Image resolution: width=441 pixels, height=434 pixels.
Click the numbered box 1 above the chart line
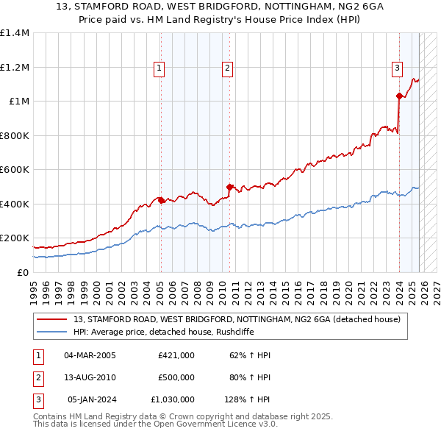tap(159, 68)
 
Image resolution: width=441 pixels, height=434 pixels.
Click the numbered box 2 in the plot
tap(227, 68)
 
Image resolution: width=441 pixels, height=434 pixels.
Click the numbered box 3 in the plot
tap(397, 68)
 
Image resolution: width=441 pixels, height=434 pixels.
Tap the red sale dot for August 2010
tap(229, 187)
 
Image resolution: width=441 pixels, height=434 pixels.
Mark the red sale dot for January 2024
tap(399, 96)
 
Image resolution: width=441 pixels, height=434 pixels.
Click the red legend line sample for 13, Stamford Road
tap(52, 319)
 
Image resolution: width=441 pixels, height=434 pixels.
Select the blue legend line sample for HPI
tap(52, 332)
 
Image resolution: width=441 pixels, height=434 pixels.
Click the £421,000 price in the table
tap(176, 355)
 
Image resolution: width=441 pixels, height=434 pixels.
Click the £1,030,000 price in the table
tap(173, 400)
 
